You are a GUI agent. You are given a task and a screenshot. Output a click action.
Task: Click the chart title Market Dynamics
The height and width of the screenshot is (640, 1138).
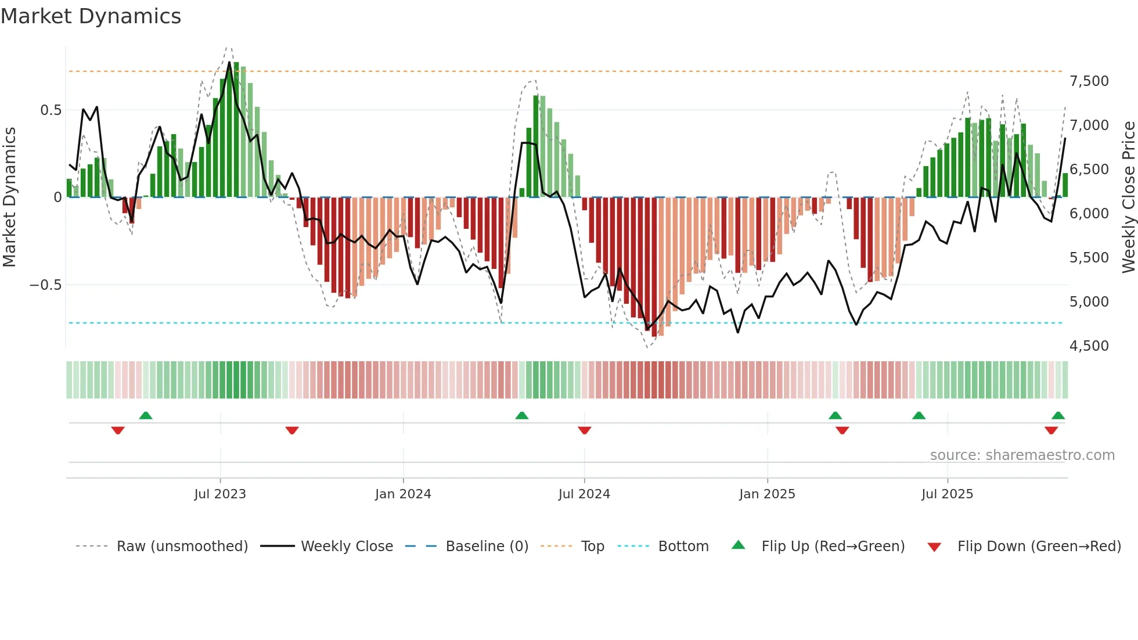tap(91, 16)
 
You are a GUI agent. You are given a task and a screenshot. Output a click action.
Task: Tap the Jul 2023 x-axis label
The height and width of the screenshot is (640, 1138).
tap(220, 494)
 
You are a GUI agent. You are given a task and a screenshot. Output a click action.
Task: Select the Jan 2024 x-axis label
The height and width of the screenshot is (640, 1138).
tap(403, 494)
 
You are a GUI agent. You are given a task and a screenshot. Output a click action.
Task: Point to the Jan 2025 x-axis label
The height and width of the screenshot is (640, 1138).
tap(767, 494)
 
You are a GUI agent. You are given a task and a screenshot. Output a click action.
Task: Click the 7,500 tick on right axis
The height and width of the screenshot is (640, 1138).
tap(1089, 81)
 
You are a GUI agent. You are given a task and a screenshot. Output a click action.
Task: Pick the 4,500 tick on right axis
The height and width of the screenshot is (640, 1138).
tap(1089, 346)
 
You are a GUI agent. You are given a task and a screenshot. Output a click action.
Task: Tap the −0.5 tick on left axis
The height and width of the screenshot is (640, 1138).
tap(45, 285)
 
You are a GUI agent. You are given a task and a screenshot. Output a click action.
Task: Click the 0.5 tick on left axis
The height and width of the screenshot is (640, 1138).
tap(51, 110)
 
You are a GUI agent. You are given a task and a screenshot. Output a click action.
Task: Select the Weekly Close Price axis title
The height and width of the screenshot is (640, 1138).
tap(1128, 197)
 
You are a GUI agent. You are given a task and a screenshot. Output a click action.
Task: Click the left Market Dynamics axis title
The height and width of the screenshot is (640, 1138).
tap(9, 197)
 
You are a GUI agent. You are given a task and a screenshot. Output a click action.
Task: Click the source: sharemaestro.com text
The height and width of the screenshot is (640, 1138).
tap(1022, 455)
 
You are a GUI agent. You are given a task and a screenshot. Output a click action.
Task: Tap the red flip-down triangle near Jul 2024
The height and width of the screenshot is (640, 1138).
tap(585, 430)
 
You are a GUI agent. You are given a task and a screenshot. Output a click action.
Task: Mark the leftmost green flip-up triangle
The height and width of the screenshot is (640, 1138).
tap(146, 416)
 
